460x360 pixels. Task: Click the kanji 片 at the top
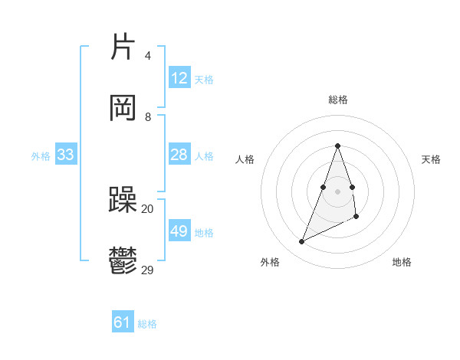[124, 48]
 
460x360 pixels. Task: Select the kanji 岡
[124, 108]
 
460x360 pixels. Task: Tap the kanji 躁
[123, 201]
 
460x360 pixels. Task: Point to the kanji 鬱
[123, 261]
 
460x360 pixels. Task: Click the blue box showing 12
[179, 78]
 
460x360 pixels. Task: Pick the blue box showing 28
[179, 155]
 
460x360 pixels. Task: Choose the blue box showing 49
[179, 231]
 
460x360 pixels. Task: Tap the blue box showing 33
[66, 155]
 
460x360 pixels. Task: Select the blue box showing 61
[123, 323]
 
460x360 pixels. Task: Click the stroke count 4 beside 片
[147, 56]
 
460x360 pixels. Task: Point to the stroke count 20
[147, 208]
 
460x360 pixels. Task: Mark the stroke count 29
[147, 270]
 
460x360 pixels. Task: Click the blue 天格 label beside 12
[203, 79]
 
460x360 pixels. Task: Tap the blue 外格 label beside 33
[41, 155]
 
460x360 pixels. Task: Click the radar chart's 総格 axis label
[337, 100]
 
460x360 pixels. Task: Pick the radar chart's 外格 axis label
[270, 262]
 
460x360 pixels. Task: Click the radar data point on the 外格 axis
[301, 242]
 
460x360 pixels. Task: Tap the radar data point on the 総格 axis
[337, 146]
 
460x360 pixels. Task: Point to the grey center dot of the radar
[337, 191]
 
